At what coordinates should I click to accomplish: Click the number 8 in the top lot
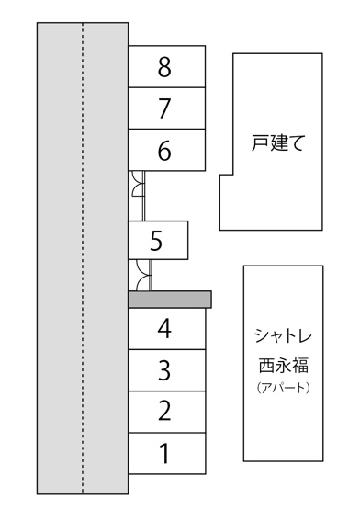click(165, 67)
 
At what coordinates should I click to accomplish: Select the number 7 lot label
click(165, 108)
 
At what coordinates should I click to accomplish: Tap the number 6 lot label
click(165, 151)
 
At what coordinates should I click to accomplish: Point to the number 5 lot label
click(156, 242)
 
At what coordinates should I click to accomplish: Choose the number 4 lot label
click(165, 328)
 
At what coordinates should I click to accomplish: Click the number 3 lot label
click(165, 370)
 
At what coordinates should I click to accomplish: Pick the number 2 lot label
click(165, 411)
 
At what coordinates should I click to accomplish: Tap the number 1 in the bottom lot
click(165, 453)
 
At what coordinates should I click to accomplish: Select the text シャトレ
click(283, 334)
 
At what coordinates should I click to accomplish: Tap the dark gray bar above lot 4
click(170, 300)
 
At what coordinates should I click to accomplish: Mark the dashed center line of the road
click(83, 257)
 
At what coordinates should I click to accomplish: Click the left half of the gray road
click(60, 257)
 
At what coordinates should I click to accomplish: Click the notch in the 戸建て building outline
click(226, 202)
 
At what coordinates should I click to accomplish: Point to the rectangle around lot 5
click(187, 241)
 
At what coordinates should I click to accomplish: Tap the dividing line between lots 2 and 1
click(165, 432)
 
